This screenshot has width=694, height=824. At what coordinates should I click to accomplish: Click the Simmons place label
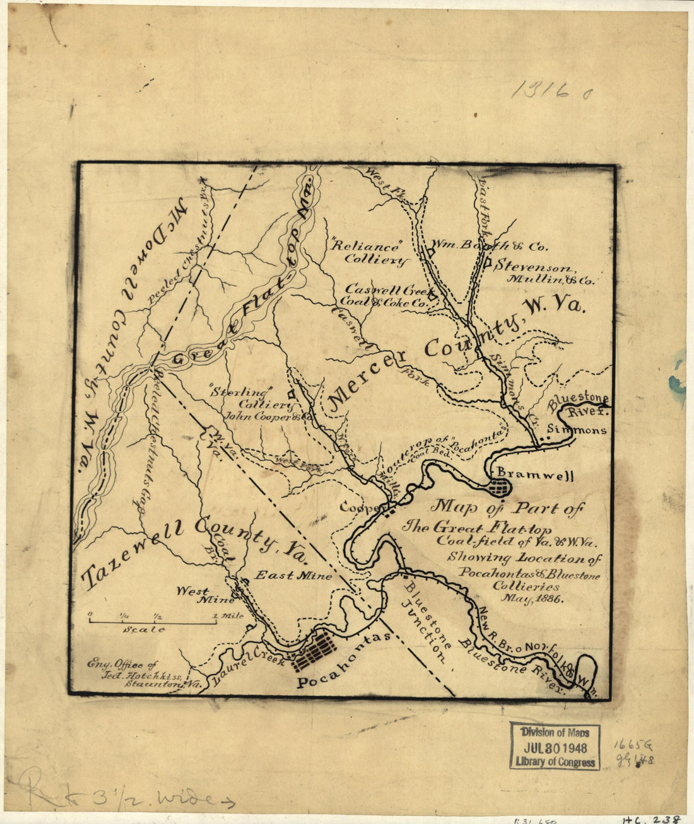click(x=577, y=430)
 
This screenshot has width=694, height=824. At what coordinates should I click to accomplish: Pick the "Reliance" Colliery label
click(x=368, y=253)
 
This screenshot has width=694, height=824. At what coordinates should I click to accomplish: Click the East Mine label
click(x=293, y=576)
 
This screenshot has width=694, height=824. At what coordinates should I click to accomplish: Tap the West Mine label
click(x=200, y=596)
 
